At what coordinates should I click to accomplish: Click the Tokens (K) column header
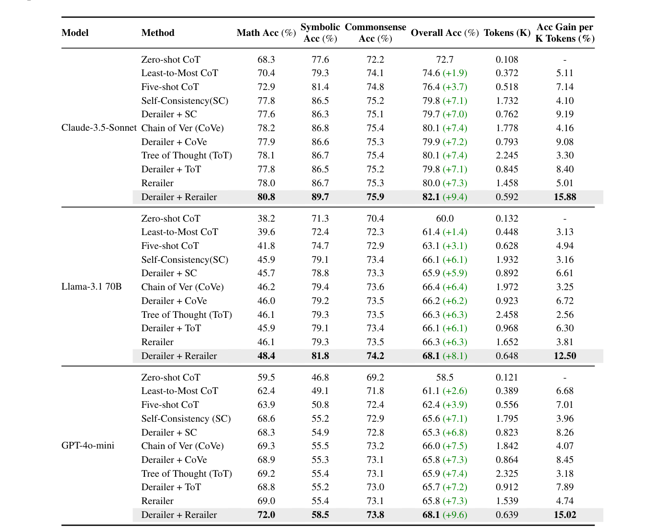pos(507,33)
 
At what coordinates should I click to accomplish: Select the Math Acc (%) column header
pos(266,33)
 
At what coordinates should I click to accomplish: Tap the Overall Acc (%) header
pos(444,33)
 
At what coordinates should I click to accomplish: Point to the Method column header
pos(158,33)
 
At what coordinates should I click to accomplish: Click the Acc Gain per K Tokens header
pos(564,33)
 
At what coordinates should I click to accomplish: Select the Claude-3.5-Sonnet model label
pos(99,128)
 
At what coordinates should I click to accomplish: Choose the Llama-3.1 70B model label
pos(91,287)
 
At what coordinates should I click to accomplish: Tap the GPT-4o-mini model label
pos(88,446)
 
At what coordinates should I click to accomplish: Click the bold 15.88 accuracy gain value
pos(564,197)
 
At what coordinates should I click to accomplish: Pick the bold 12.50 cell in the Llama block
pos(564,356)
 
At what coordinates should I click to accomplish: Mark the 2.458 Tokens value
pos(507,315)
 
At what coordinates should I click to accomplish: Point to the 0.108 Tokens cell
pos(507,59)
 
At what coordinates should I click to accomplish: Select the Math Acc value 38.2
pos(266,218)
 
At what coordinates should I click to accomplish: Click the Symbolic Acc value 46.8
pos(320,377)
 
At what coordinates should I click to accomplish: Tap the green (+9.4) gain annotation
pos(455,197)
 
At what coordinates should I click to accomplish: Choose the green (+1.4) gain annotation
pos(455,232)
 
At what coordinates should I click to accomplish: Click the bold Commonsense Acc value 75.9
pos(375,197)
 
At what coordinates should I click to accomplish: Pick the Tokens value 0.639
pos(507,515)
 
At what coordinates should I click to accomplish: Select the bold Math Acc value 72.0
pos(266,515)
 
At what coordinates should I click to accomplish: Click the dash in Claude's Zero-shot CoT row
pos(564,60)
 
